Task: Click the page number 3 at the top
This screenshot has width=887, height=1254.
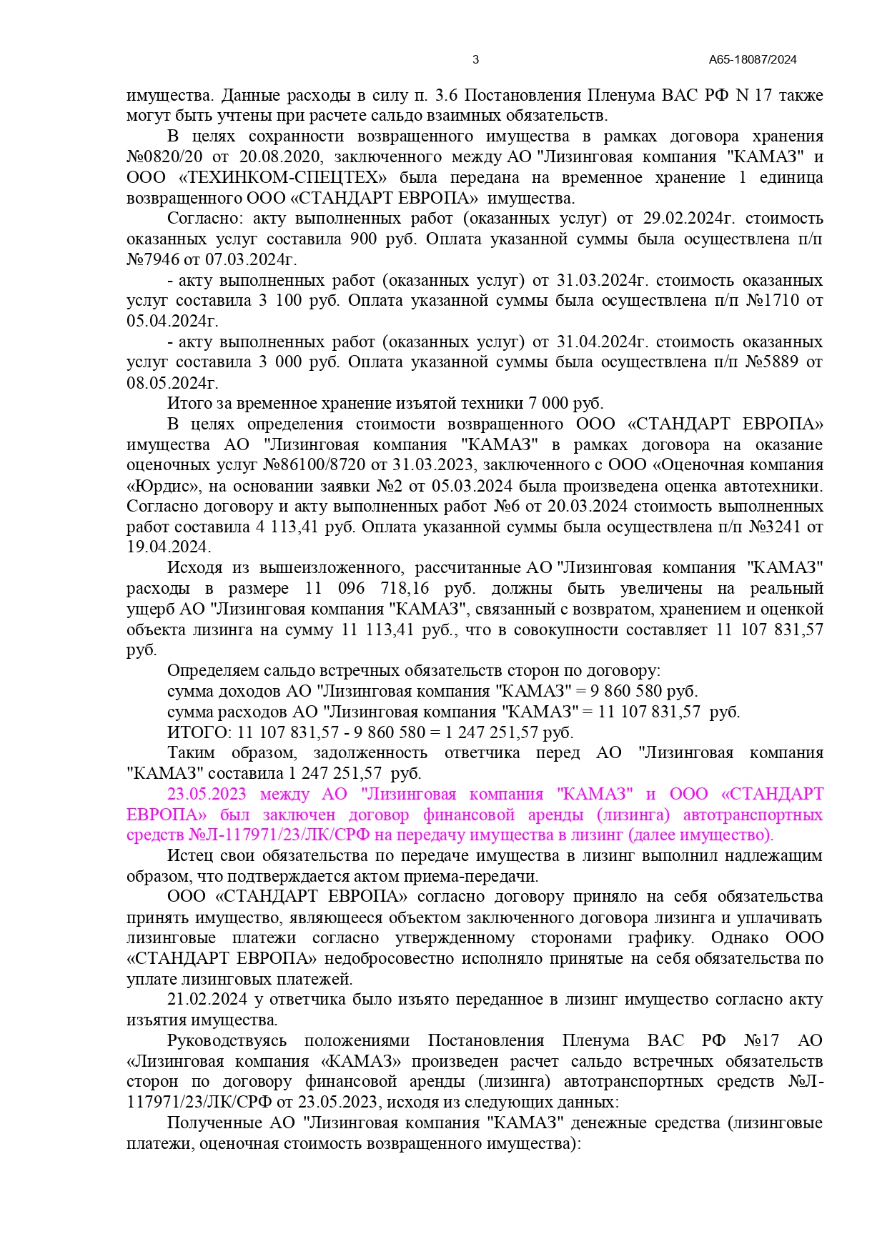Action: coord(476,60)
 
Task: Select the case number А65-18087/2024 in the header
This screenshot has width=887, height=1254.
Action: coord(753,60)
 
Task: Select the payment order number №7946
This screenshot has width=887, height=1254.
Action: coord(153,259)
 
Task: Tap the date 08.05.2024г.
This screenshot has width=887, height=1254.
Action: coord(172,383)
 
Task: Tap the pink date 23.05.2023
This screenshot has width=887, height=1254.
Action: coord(207,795)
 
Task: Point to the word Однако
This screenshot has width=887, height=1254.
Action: coord(739,938)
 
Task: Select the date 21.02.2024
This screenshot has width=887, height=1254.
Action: coord(207,1000)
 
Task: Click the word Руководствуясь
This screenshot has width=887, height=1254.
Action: coord(227,1041)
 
